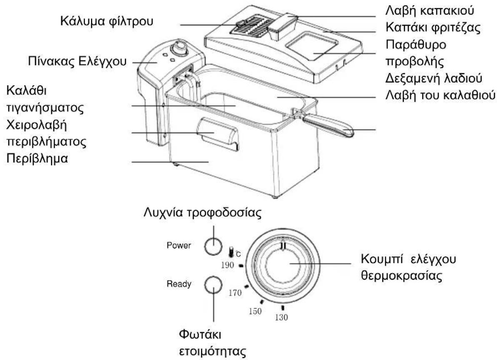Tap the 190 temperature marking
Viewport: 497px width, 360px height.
[227, 265]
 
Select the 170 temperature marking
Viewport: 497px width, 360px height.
[235, 293]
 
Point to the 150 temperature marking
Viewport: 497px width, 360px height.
[255, 311]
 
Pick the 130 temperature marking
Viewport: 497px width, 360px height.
[282, 317]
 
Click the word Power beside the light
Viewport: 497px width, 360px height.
[179, 246]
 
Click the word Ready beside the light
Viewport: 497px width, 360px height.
[179, 284]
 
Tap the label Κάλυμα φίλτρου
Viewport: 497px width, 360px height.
[107, 22]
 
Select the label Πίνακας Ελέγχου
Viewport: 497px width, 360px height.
[77, 61]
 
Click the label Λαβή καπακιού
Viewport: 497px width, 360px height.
[430, 11]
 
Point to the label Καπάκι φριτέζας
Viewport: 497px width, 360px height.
[433, 27]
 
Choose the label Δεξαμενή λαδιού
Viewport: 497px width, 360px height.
[434, 78]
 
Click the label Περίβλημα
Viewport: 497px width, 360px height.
[37, 158]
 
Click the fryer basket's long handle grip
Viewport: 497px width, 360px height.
[328, 126]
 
